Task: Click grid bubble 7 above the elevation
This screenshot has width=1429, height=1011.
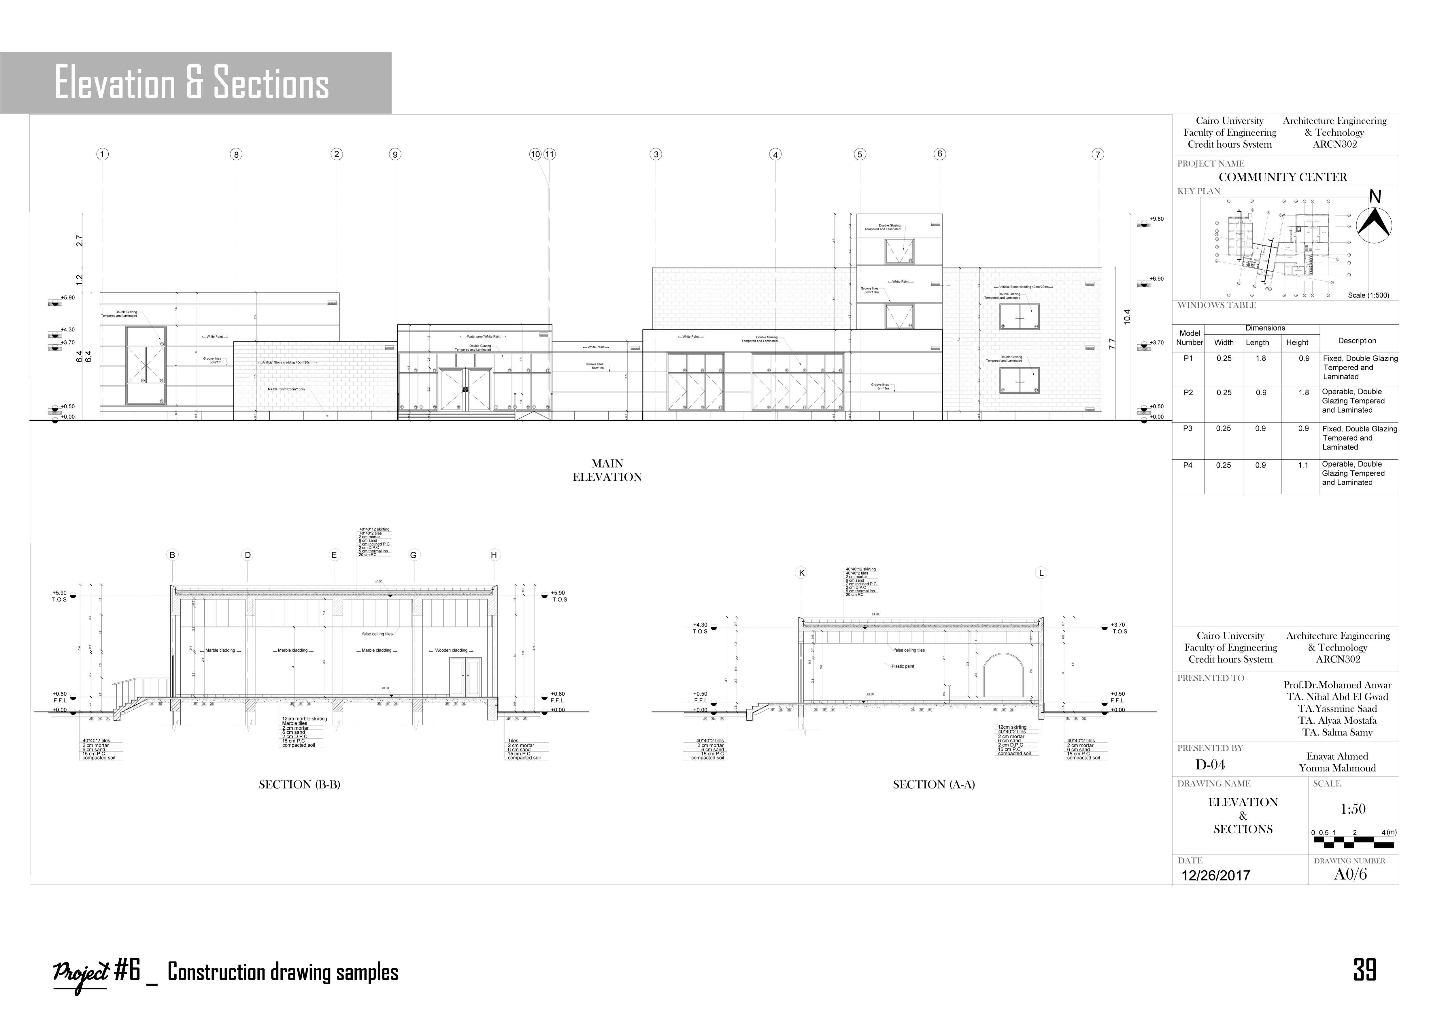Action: [x=1098, y=154]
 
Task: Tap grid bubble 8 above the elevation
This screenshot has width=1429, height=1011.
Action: [x=236, y=154]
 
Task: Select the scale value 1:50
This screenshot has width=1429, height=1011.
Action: [x=1352, y=809]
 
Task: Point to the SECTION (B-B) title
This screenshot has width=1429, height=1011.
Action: [x=299, y=784]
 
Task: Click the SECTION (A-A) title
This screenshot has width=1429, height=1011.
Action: [x=934, y=784]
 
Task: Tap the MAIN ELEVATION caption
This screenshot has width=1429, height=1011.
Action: [x=607, y=470]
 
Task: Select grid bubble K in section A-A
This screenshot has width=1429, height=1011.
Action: [x=802, y=573]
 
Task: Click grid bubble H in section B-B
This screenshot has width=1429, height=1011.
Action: [x=494, y=555]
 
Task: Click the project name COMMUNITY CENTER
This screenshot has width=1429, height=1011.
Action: [x=1283, y=177]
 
